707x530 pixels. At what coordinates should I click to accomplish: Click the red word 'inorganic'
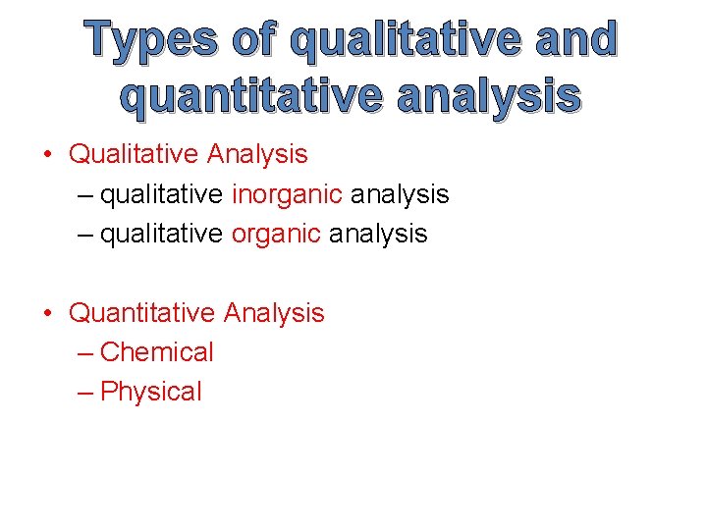click(287, 194)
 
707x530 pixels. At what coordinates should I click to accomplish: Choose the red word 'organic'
click(276, 234)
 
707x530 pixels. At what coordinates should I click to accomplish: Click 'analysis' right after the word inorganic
click(400, 194)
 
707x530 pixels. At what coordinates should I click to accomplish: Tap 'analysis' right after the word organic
click(378, 234)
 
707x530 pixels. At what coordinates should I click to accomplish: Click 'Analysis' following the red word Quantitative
click(274, 313)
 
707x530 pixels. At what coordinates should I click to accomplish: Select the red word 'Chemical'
click(157, 352)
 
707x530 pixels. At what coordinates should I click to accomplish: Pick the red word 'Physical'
click(151, 392)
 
